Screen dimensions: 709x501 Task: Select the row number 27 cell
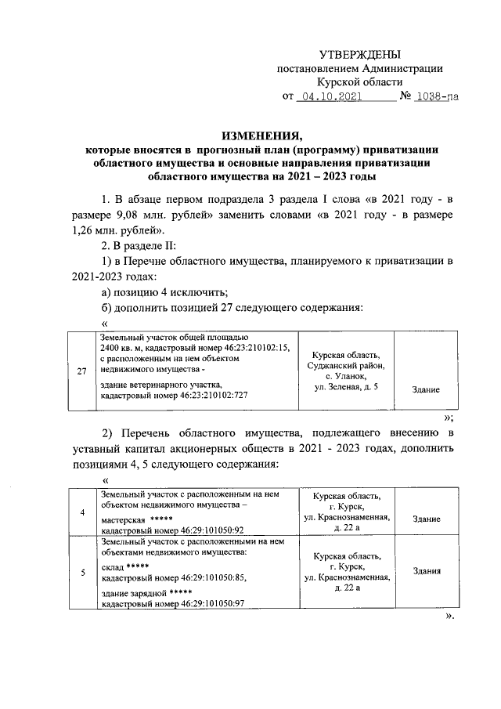coord(82,371)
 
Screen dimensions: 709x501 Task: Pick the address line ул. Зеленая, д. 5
coord(345,387)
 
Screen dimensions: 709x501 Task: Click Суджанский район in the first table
coord(345,366)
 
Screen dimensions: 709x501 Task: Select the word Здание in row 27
coord(425,389)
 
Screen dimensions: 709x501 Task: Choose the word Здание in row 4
coord(426,519)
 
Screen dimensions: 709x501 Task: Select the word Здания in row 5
coord(426,571)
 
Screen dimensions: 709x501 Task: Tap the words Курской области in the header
coord(360,81)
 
